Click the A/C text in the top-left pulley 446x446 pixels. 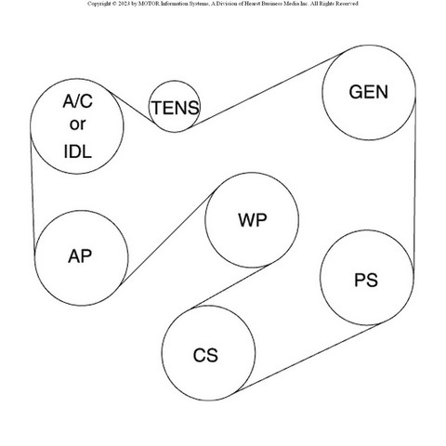pos(77,101)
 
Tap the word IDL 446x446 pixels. pos(78,151)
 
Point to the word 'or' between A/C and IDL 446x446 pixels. pos(77,125)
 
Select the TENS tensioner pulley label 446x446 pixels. pos(175,108)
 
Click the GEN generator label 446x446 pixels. pos(369,92)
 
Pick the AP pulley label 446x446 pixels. pos(80,256)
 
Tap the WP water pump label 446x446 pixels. pos(253,220)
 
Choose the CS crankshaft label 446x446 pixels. pos(205,355)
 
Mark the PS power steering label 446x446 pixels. pos(366,280)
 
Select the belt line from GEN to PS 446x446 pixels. pos(414,183)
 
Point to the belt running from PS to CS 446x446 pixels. pos(308,358)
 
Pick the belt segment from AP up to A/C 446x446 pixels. pos(33,192)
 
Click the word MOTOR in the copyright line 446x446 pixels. pos(147,4)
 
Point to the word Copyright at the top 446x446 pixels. pos(98,4)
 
